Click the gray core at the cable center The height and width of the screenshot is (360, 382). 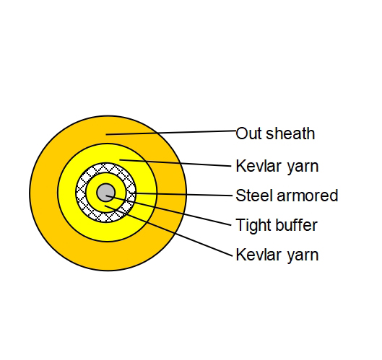click(x=106, y=192)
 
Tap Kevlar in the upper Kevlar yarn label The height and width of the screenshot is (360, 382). click(x=255, y=166)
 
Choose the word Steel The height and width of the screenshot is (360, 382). click(x=252, y=196)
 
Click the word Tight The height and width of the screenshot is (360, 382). click(x=252, y=226)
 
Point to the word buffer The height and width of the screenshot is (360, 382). click(x=295, y=225)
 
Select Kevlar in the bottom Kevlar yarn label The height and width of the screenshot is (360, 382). click(x=255, y=255)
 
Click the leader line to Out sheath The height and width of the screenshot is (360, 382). click(x=173, y=132)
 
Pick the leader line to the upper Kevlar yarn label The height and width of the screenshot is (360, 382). click(x=181, y=162)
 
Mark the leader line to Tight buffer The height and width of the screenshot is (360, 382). click(x=173, y=209)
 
